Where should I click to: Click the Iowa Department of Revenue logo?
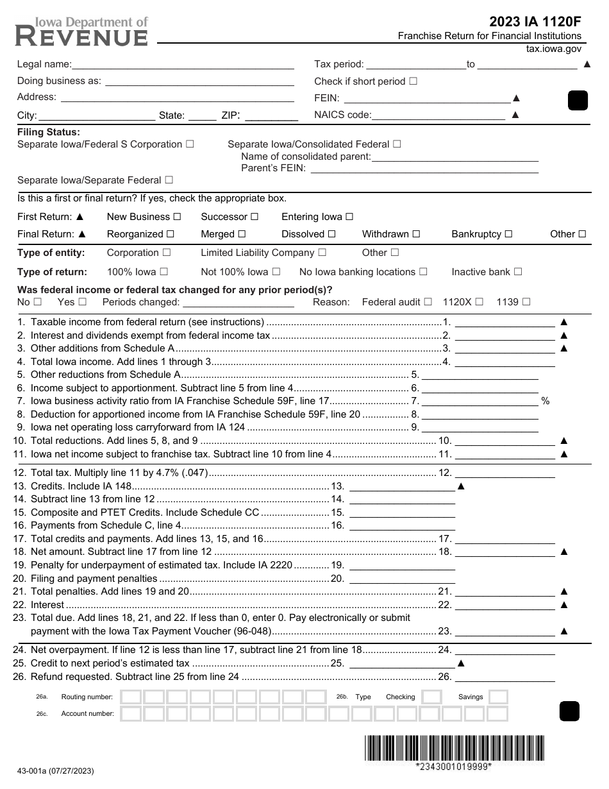(x=81, y=31)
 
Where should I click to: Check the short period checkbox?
(x=413, y=81)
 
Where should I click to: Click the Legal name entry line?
(x=183, y=64)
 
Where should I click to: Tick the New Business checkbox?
(x=178, y=217)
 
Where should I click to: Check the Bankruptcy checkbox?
(x=508, y=234)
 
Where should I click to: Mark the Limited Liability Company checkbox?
(x=322, y=253)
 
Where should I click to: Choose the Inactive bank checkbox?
(x=518, y=272)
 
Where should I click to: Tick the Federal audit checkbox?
(x=428, y=301)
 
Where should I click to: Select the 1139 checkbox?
(x=526, y=301)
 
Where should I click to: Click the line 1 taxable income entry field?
(x=505, y=322)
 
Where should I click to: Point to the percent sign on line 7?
(x=546, y=401)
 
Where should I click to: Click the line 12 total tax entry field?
(x=505, y=473)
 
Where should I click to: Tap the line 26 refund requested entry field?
(x=505, y=676)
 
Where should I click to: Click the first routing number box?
(x=131, y=697)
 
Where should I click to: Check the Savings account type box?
(x=498, y=697)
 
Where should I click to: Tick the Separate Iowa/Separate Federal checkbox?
(x=169, y=181)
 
